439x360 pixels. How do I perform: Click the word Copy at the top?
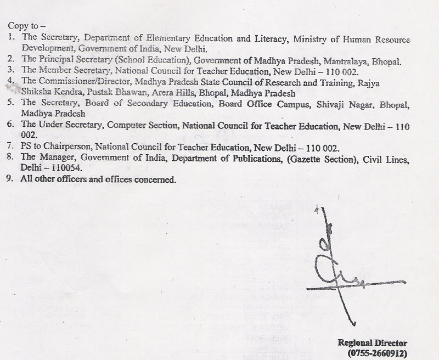pos(16,26)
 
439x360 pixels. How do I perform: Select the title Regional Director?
pos(373,343)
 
